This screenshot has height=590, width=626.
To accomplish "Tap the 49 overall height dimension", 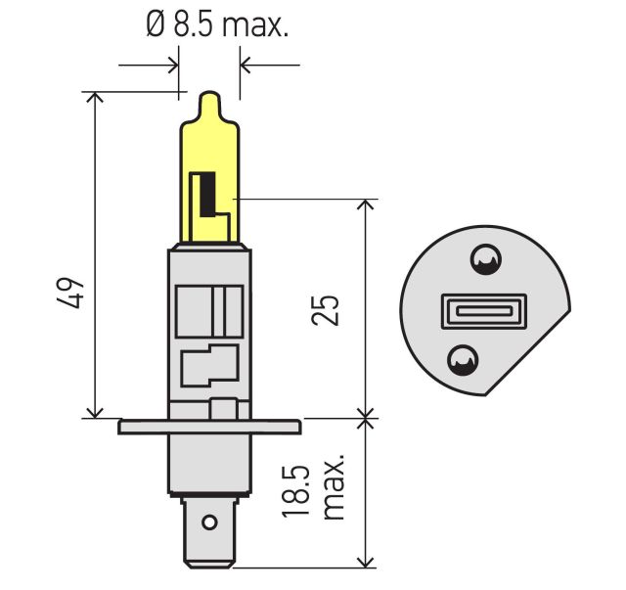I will pyautogui.click(x=71, y=295).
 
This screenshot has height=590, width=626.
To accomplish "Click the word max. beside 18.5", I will pyautogui.click(x=335, y=486).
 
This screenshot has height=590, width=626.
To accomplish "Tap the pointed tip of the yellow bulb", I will pyautogui.click(x=209, y=99).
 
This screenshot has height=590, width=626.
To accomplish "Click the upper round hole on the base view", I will pyautogui.click(x=484, y=259).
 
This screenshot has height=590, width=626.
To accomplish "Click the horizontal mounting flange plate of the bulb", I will pyautogui.click(x=208, y=427).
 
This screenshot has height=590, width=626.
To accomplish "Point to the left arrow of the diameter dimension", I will pyautogui.click(x=173, y=66).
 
